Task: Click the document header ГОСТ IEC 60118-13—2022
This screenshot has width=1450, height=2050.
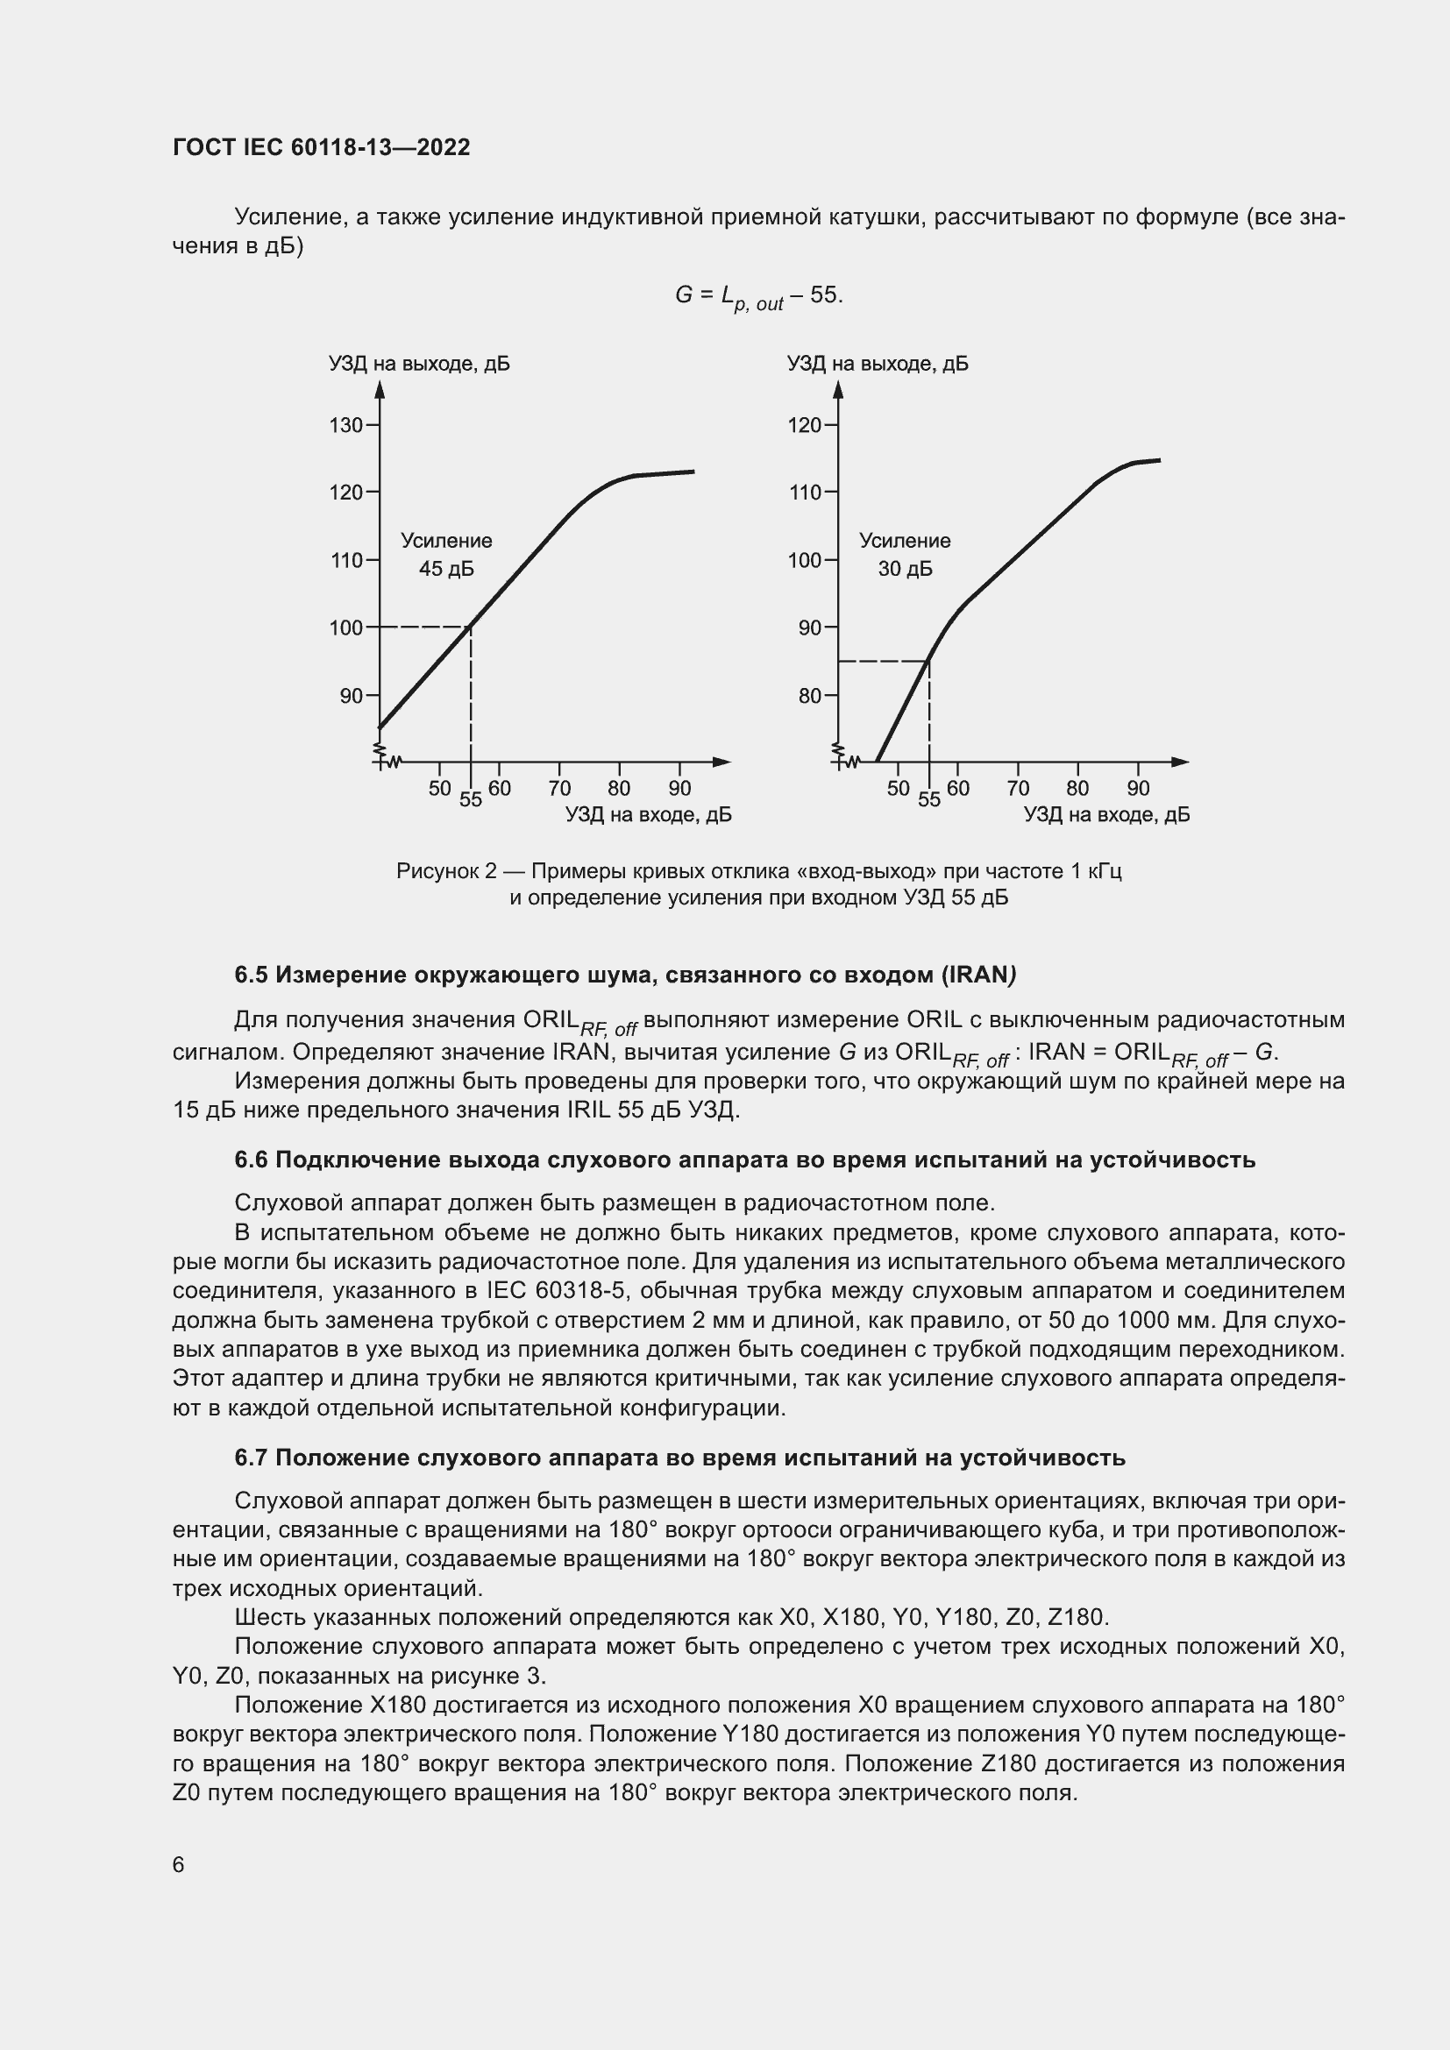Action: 322,147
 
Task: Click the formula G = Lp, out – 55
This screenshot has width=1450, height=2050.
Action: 758,295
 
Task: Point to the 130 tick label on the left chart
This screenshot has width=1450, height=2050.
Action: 346,425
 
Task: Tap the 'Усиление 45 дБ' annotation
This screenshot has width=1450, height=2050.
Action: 446,555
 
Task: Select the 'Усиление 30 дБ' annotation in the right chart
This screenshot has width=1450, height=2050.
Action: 905,555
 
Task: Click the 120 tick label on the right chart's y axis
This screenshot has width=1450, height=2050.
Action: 805,425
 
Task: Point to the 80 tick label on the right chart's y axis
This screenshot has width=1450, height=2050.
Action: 809,696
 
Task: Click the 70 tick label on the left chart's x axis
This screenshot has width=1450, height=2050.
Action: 560,789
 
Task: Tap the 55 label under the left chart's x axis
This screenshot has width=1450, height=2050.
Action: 471,800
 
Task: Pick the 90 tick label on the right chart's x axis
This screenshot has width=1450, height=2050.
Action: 1139,789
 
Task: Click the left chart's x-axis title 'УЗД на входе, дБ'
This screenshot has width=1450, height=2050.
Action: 648,814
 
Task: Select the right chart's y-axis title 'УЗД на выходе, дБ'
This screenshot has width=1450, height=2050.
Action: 878,364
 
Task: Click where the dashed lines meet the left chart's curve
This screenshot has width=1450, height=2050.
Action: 471,627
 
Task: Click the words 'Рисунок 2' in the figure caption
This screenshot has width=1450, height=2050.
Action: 445,870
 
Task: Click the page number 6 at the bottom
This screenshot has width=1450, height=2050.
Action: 179,1864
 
